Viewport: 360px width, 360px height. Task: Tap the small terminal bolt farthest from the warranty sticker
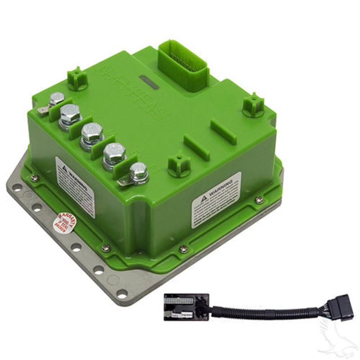pos(57,99)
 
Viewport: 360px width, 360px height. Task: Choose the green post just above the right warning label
pos(179,164)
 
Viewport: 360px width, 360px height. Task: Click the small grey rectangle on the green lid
pos(149,81)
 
